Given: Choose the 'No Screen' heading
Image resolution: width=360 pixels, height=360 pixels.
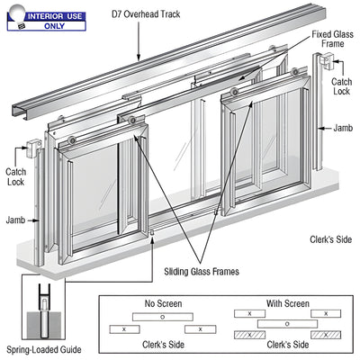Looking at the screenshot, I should point(162,304).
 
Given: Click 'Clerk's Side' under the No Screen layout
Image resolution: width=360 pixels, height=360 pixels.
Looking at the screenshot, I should point(162,345).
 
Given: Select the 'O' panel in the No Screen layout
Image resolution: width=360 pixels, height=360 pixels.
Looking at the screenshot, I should point(162,317).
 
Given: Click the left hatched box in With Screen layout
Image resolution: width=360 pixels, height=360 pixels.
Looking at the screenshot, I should point(245,333).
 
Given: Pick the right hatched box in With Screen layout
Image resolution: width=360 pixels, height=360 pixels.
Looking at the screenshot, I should point(324,333).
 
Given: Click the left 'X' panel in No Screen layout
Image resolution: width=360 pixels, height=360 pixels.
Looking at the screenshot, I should point(123,329).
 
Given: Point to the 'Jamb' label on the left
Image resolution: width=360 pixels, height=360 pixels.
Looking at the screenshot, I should point(13,219).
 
